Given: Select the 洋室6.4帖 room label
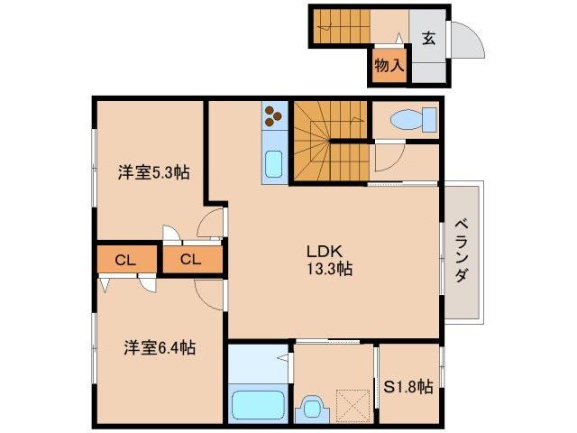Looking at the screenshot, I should (160, 346).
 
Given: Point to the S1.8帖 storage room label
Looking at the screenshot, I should (408, 387).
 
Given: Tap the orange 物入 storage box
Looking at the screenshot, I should (389, 66).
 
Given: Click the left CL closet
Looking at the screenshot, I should (125, 260).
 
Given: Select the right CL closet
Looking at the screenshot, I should (190, 260).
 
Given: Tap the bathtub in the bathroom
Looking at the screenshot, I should (258, 403).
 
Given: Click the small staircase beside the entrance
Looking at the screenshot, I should (339, 26).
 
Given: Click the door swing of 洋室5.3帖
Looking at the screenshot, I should (211, 222).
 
